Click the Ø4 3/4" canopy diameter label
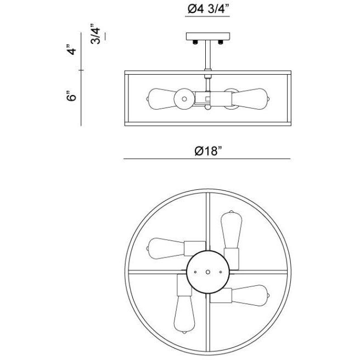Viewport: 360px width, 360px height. pos(207,9)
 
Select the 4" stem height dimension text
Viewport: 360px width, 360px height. pos(70,52)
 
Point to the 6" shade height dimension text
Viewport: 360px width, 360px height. pos(70,97)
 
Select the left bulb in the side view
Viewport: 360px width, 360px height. pos(159,98)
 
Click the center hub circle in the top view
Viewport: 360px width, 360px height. pos(207,272)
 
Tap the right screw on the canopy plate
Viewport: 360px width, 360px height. pos(221,41)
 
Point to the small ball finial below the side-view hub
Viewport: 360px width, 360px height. pos(207,109)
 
